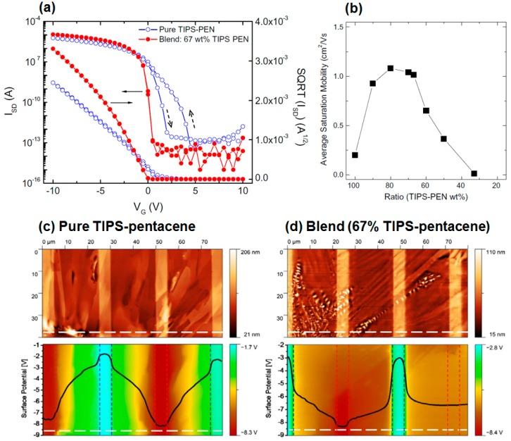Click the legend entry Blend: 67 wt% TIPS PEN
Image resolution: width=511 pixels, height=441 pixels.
(191, 40)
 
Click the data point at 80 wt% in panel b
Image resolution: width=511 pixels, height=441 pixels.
(391, 68)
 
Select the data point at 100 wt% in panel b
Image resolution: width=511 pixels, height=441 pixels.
(355, 155)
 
